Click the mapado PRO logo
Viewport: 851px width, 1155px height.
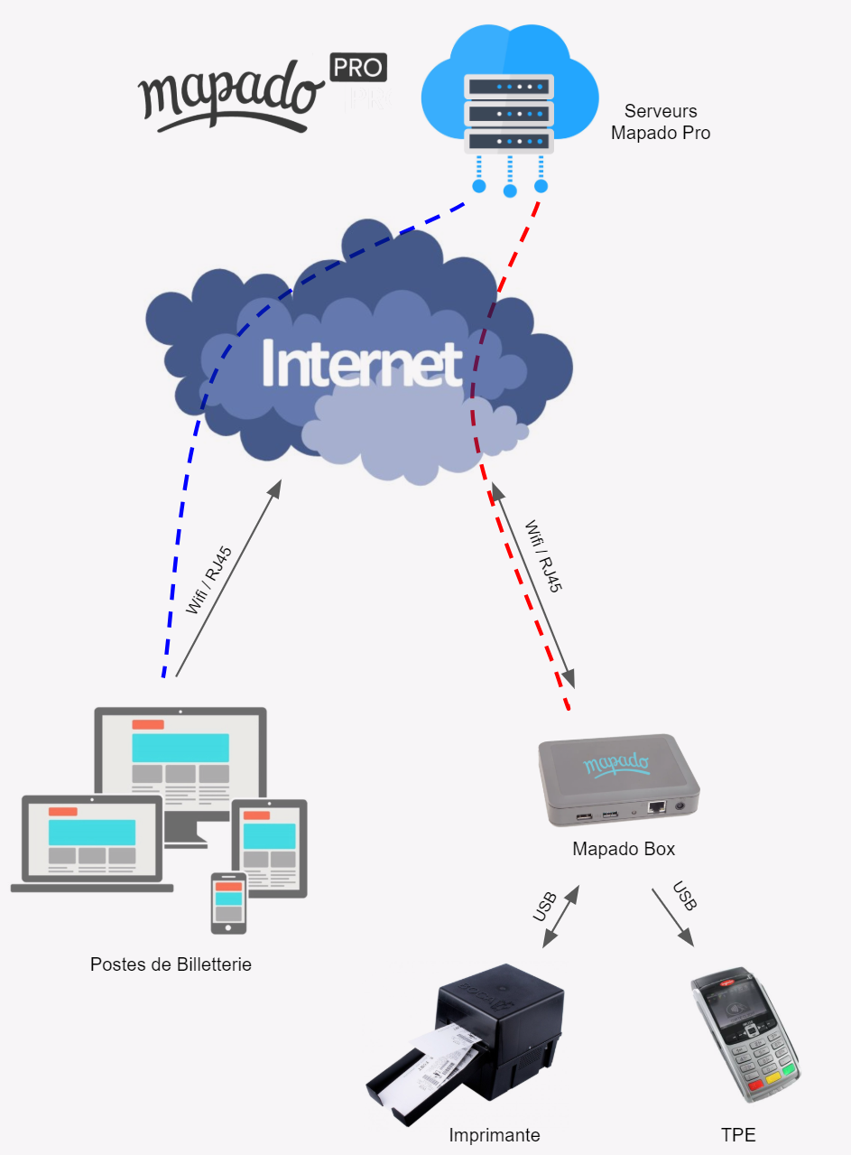point(262,91)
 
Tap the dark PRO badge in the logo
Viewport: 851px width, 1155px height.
point(358,68)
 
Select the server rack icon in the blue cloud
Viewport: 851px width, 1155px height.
point(509,114)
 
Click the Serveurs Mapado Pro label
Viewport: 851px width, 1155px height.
point(661,122)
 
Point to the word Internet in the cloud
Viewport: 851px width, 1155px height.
point(362,364)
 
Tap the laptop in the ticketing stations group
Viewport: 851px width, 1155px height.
point(91,844)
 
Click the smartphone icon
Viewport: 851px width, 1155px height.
point(228,902)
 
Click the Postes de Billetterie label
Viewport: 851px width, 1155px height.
point(171,964)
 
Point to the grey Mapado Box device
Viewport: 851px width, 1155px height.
point(618,781)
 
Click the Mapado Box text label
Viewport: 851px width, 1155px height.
point(624,850)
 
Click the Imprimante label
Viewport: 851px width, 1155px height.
point(495,1135)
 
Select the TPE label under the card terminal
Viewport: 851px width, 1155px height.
point(738,1135)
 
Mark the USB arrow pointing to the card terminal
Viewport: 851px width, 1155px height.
point(673,917)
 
